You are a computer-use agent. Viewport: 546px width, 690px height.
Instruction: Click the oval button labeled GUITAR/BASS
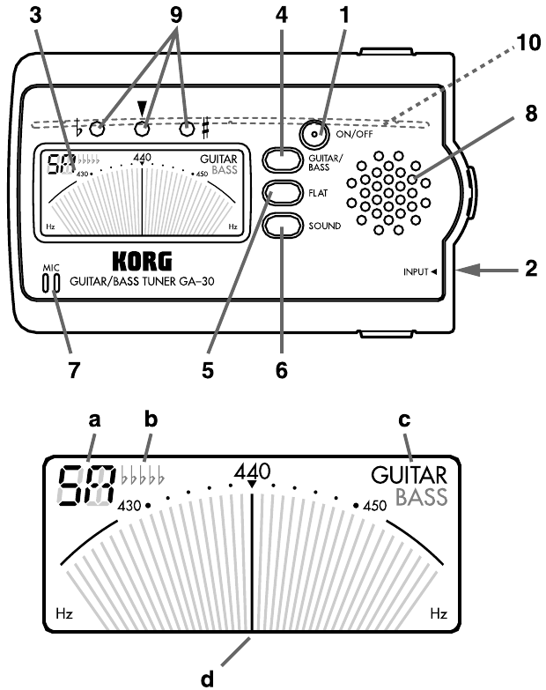point(284,158)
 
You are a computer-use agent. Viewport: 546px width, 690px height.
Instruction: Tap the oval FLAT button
point(284,190)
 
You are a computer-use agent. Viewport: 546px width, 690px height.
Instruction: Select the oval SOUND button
point(284,224)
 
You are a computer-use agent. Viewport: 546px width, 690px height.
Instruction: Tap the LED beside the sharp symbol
point(186,130)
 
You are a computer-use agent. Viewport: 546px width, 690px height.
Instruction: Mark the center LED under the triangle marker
point(141,130)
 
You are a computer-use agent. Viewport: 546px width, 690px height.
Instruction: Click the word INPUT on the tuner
point(412,271)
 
